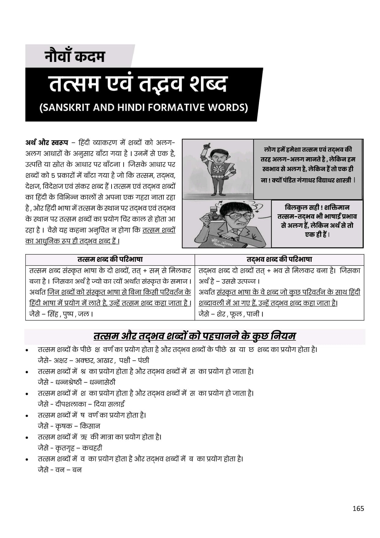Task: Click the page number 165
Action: click(358, 509)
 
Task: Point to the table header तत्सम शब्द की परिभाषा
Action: click(110, 259)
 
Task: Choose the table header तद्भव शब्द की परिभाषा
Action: click(279, 259)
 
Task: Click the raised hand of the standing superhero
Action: click(207, 145)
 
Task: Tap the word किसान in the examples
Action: click(90, 426)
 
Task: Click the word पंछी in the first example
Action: click(143, 361)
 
